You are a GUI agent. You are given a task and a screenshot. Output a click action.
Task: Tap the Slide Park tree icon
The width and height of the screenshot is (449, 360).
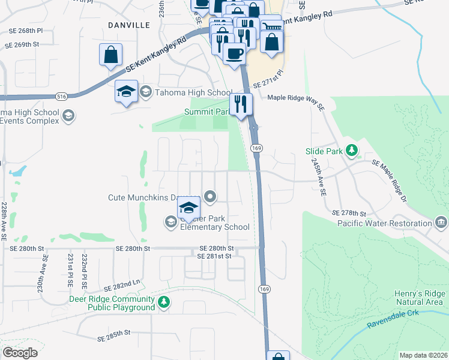[354, 151]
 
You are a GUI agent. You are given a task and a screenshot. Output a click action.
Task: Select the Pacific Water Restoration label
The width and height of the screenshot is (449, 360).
[384, 223]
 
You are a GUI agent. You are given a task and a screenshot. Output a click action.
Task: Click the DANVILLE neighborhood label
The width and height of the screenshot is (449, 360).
[128, 25]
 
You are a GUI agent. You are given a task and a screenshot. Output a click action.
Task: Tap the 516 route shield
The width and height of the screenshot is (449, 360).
[62, 95]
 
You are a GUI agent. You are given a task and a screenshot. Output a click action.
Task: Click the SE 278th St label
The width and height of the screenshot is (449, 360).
[349, 213]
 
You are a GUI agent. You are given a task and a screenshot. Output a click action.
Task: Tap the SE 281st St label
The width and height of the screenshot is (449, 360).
[214, 256]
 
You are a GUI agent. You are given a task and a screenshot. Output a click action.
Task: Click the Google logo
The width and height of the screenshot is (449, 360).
[20, 353]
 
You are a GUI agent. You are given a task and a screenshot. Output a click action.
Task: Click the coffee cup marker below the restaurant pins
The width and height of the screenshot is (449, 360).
[235, 53]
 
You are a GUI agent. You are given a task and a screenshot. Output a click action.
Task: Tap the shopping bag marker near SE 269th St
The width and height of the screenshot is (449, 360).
[111, 55]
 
